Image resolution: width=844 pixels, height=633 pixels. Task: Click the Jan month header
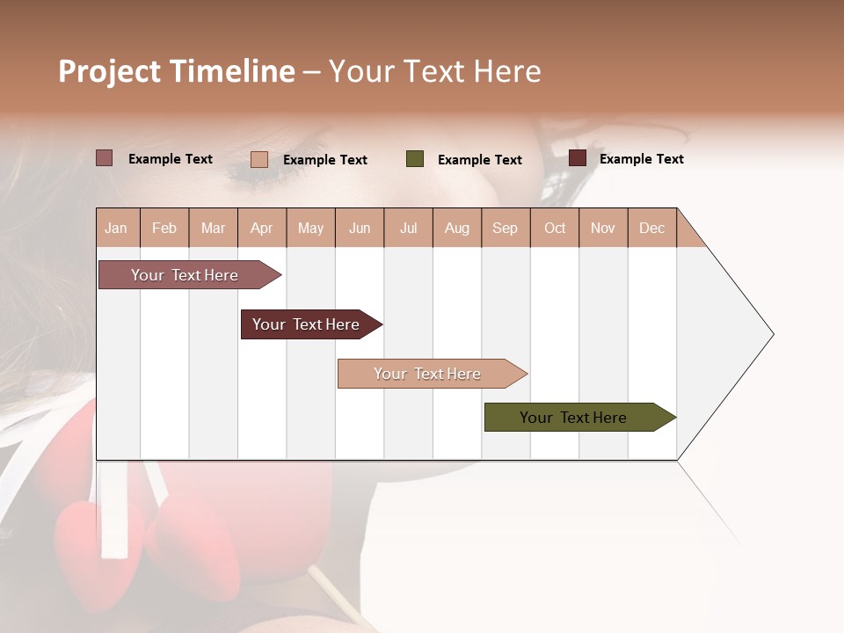click(116, 228)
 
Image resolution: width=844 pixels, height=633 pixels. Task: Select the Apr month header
click(261, 228)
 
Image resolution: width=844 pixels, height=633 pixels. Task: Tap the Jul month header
click(408, 228)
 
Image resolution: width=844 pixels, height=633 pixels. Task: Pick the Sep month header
click(505, 228)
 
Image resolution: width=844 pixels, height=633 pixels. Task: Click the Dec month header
click(651, 228)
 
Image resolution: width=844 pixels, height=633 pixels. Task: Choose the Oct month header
click(554, 228)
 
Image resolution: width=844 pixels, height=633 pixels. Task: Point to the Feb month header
click(164, 228)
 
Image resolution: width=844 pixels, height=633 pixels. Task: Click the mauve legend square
click(104, 158)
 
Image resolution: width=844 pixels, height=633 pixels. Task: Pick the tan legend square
click(258, 159)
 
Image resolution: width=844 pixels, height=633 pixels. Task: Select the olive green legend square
click(415, 159)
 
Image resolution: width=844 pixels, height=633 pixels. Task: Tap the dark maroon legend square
click(577, 158)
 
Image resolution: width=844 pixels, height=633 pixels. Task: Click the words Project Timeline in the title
click(176, 71)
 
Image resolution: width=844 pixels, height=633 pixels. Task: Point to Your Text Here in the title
click(435, 71)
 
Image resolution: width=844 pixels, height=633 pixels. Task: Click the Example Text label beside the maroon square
click(641, 159)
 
